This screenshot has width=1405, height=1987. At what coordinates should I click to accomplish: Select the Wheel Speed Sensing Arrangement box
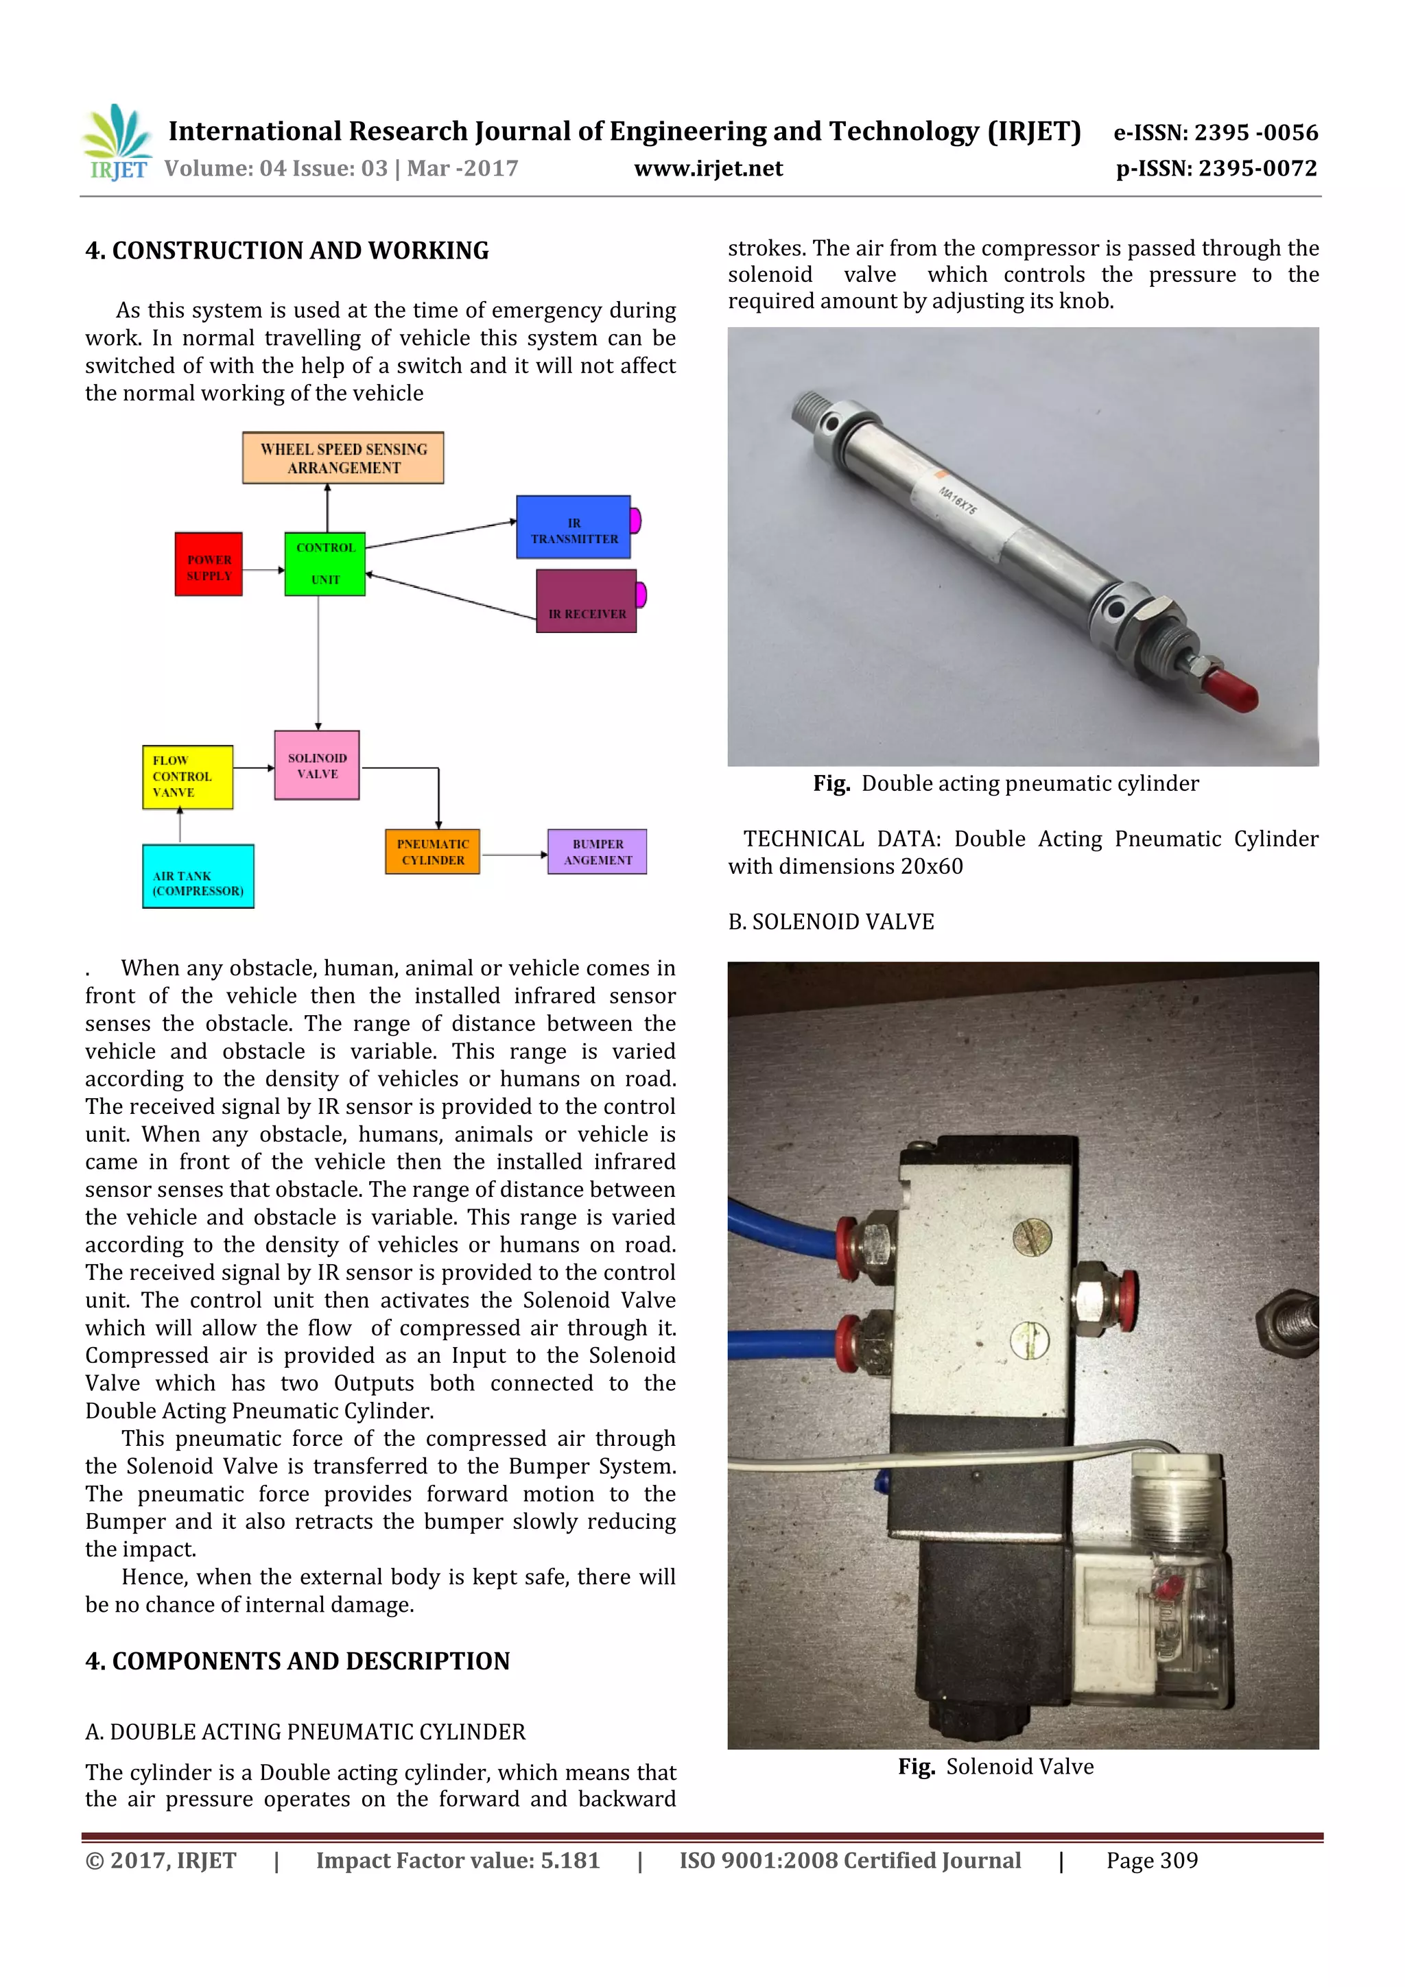[x=343, y=457]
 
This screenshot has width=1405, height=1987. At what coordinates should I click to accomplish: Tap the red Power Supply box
[x=209, y=564]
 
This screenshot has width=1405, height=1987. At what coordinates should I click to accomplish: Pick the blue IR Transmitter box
[x=573, y=527]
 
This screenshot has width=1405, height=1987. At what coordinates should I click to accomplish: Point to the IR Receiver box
[x=586, y=602]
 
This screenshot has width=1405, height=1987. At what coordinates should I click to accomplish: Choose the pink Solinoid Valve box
[x=317, y=765]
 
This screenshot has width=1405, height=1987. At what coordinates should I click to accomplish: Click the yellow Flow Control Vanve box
[x=187, y=777]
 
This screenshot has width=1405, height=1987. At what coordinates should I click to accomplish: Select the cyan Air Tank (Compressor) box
[x=198, y=876]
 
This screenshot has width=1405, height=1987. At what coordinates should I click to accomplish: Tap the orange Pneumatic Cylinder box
[x=432, y=852]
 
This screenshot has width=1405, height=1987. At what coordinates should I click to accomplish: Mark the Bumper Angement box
[x=596, y=852]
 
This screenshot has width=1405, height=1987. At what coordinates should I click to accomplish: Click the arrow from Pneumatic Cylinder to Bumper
[x=515, y=855]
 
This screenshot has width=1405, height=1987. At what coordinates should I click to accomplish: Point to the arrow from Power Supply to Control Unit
[x=263, y=569]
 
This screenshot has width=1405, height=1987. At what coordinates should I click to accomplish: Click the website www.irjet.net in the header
[x=708, y=169]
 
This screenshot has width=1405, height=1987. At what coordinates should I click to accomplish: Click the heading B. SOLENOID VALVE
[x=830, y=922]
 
